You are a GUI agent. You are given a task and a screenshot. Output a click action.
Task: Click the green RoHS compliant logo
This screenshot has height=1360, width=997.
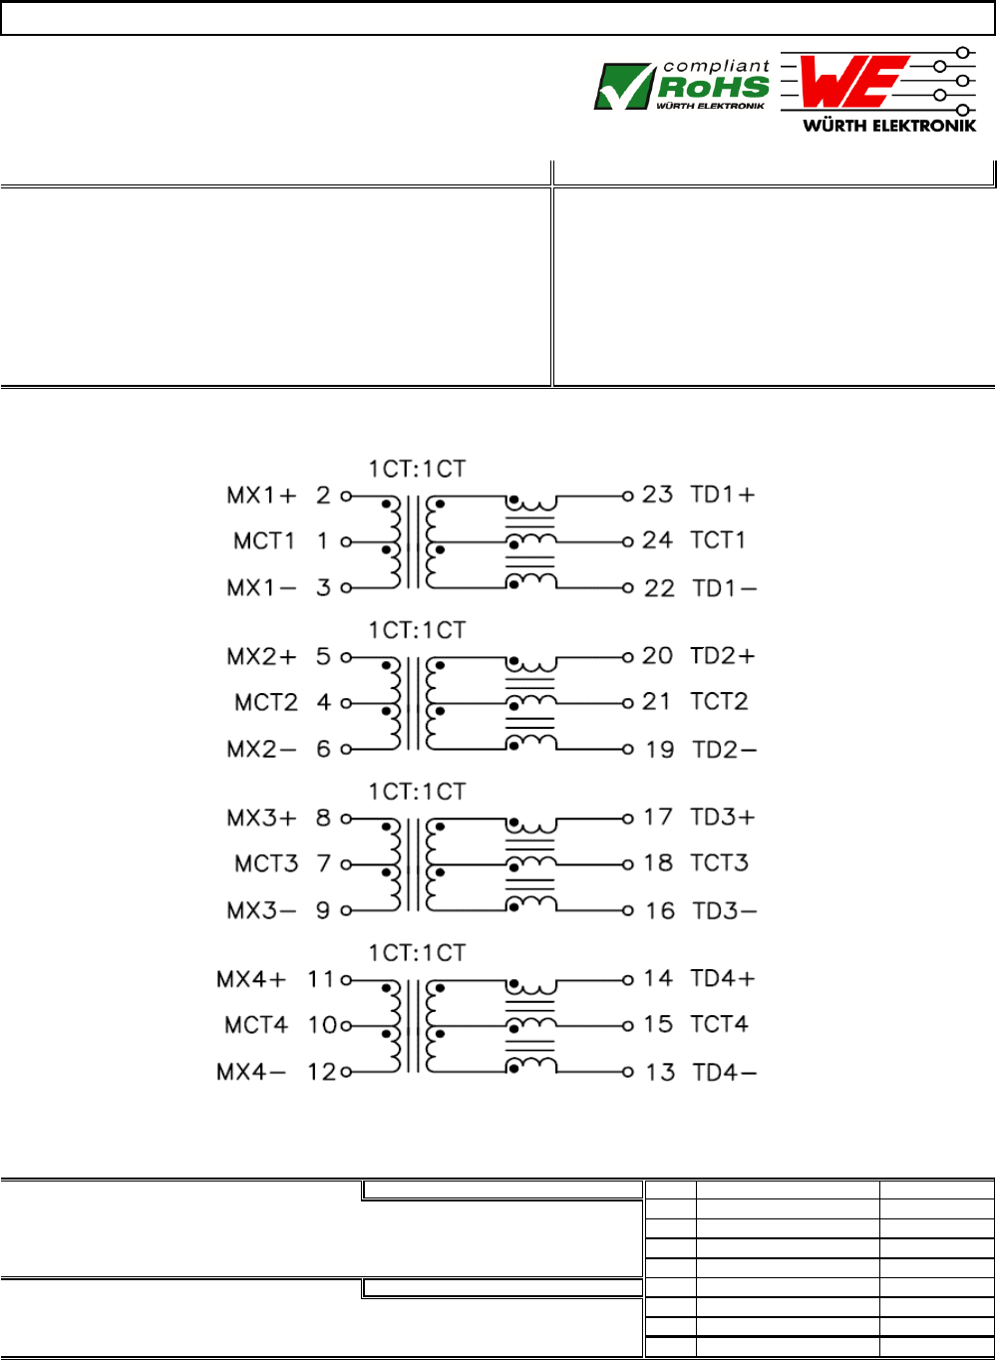pos(682,86)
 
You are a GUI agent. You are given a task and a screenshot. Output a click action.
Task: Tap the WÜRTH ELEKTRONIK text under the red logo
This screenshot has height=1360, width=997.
pos(889,126)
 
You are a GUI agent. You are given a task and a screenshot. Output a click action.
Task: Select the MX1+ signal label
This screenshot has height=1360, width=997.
pos(261,496)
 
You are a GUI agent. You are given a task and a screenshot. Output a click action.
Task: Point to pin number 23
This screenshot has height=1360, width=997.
pos(658,495)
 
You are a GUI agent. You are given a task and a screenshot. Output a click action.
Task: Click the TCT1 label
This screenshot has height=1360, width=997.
pos(718,540)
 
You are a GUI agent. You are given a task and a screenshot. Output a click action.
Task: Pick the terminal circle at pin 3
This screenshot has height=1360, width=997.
pos(346,587)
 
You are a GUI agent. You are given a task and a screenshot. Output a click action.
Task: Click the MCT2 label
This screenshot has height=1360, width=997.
pos(266,703)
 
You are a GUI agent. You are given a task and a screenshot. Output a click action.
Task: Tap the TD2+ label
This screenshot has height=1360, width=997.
pos(723,656)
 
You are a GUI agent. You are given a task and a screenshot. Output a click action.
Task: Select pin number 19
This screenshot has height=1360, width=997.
pos(659,750)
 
